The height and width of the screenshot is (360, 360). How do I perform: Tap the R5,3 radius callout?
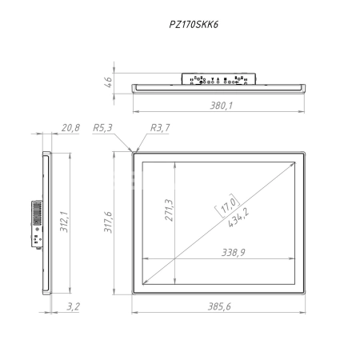(x=102, y=127)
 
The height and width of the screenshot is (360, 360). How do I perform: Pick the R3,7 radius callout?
(x=160, y=127)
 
